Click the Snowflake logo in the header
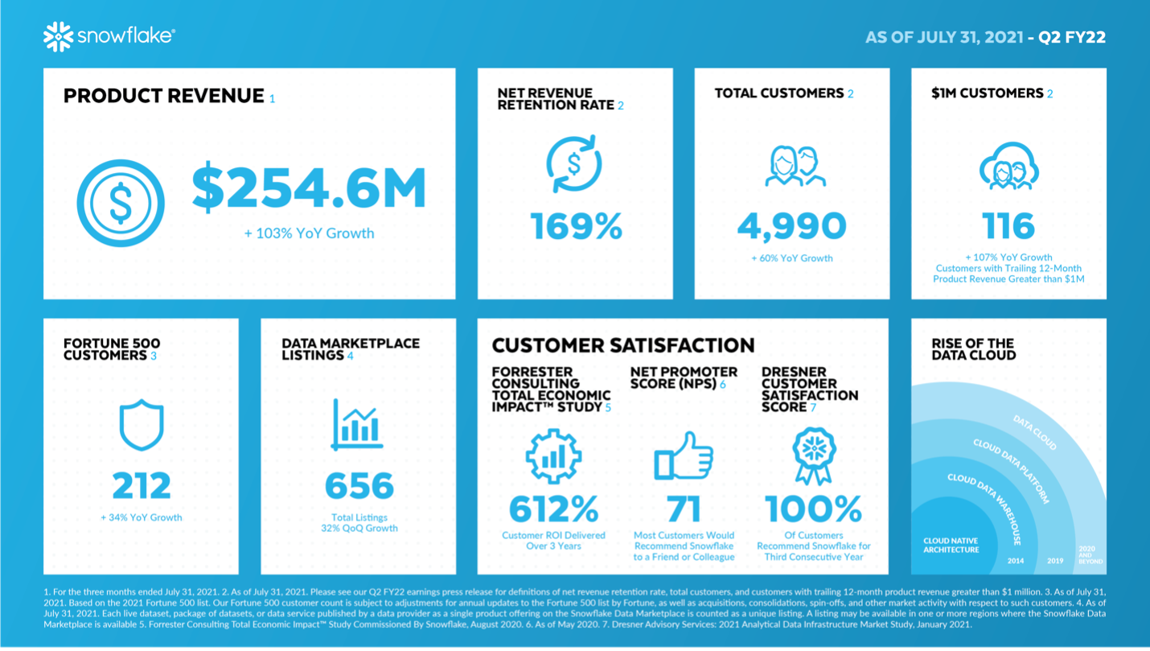point(109,36)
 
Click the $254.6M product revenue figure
point(309,187)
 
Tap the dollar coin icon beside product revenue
point(121,204)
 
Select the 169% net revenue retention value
point(576,226)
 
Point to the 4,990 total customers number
point(791,226)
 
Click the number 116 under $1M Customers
point(1008,226)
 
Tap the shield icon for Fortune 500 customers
point(142,426)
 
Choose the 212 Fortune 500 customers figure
point(142,485)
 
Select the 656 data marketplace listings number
point(359,485)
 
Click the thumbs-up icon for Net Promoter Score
point(684,456)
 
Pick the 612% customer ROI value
point(553,509)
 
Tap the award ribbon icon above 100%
point(814,455)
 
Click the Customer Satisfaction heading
point(623,346)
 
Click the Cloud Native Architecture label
point(951,546)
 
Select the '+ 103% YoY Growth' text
point(310,233)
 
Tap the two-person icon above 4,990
point(791,166)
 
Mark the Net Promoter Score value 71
point(684,509)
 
